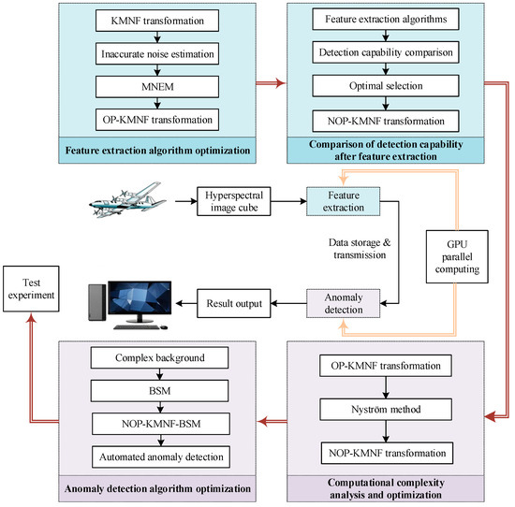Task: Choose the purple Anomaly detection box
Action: coord(343,303)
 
